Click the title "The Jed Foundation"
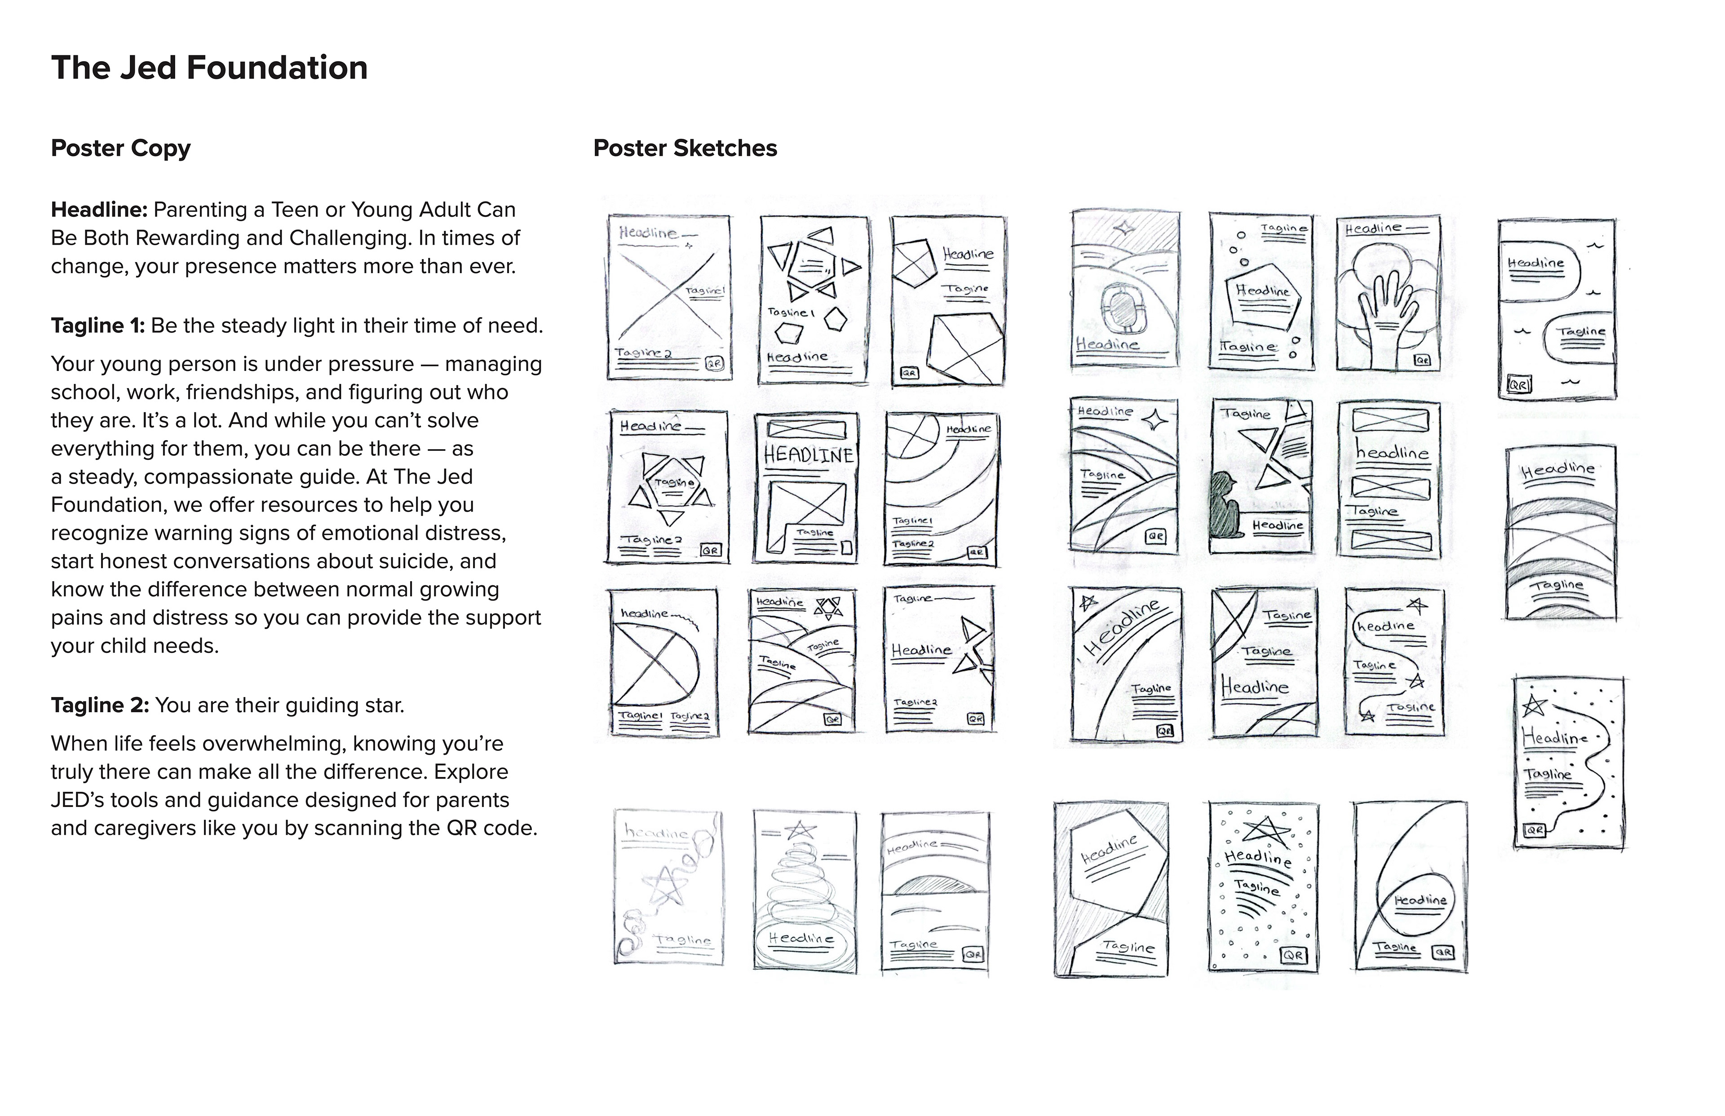pyautogui.click(x=209, y=68)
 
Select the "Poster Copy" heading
pyautogui.click(x=120, y=149)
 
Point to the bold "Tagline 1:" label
pyautogui.click(x=98, y=326)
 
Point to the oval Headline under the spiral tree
pyautogui.click(x=801, y=939)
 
